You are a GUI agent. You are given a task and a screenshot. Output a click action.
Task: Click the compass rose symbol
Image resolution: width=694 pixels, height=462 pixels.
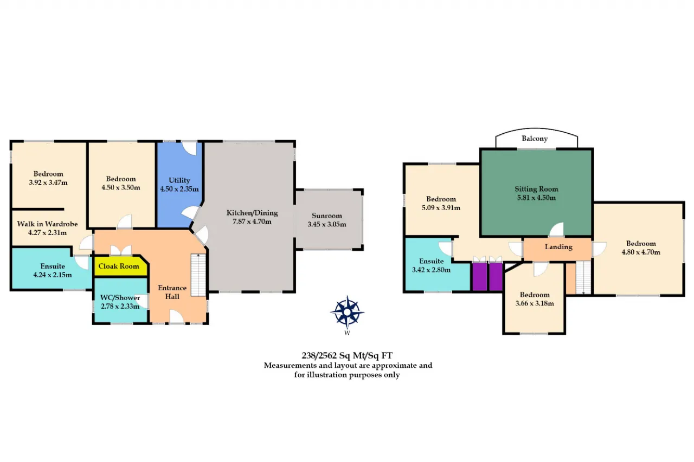point(347,312)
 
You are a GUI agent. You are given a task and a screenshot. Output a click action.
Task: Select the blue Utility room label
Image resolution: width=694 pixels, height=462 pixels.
point(179,180)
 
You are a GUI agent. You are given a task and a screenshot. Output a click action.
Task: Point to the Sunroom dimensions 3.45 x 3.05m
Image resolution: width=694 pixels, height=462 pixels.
point(326,224)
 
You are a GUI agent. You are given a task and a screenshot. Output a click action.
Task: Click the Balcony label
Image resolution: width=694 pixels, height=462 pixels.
point(535,138)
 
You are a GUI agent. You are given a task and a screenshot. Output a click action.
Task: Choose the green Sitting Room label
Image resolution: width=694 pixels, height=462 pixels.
point(536,189)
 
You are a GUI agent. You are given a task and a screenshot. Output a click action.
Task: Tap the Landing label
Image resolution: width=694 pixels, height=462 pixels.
point(558,246)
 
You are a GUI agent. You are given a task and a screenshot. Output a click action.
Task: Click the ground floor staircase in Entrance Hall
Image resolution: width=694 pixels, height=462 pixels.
point(198,275)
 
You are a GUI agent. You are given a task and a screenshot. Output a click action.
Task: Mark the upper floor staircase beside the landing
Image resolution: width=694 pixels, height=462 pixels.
point(583,277)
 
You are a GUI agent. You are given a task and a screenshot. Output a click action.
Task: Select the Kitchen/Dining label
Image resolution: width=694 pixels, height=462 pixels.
point(252,213)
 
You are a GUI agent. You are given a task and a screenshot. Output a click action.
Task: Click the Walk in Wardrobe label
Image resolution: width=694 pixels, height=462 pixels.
point(47,224)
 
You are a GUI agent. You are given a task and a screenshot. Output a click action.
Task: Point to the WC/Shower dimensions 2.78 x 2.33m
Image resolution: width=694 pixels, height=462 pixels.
point(120,307)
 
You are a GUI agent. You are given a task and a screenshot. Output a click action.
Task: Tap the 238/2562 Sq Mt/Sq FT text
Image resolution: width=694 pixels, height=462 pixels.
point(347,355)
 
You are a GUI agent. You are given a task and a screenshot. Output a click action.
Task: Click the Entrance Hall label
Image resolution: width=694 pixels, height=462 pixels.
point(172,292)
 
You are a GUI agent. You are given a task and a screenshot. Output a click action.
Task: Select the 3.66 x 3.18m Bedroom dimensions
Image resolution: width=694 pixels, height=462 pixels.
point(535,303)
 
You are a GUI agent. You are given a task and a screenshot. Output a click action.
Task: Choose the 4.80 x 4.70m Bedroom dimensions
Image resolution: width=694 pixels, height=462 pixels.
point(641,252)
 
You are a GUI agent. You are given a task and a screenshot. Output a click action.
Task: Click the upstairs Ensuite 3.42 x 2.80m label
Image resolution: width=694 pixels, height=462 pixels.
point(431,265)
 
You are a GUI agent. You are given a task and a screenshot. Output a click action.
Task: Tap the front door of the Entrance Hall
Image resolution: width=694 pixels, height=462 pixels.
point(177,317)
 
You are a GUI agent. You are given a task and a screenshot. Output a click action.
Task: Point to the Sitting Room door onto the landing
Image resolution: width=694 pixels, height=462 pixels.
point(556,230)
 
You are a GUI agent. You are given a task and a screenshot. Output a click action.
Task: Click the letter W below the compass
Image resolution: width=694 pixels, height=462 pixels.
point(347,333)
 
